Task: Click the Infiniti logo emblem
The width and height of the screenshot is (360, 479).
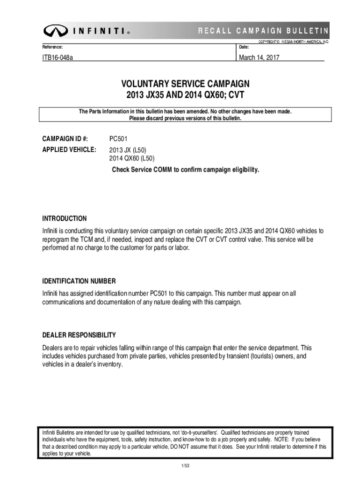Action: [55, 31]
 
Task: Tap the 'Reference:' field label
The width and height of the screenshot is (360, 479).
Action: [52, 47]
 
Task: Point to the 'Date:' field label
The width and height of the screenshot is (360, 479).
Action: [244, 47]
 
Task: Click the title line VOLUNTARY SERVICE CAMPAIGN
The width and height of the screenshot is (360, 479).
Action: [186, 84]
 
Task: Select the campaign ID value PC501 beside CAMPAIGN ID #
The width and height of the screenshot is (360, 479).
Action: [118, 139]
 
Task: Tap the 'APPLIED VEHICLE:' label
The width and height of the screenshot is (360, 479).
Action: [69, 150]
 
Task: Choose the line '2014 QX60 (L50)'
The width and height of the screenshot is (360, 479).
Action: [132, 159]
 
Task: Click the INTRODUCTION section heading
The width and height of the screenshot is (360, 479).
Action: [65, 218]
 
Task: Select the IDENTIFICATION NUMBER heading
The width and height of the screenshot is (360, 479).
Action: [79, 281]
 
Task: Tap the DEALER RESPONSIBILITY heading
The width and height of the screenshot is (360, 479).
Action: [79, 335]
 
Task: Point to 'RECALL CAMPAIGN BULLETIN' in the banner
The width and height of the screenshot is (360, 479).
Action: [263, 31]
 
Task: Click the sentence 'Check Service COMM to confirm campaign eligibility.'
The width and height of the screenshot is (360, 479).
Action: [185, 169]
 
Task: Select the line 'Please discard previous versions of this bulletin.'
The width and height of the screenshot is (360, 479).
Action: [186, 118]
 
